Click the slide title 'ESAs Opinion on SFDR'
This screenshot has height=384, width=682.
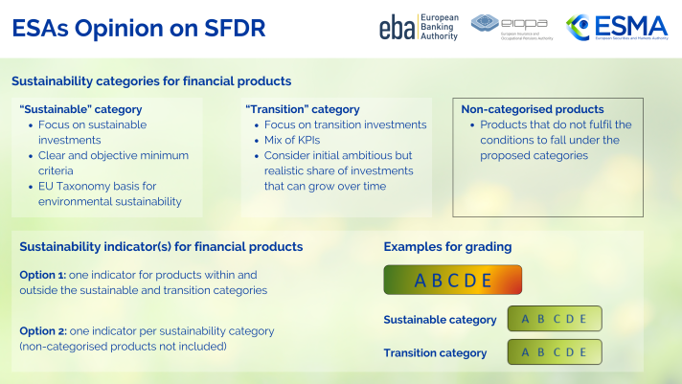[139, 28]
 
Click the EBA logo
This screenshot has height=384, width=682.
[418, 28]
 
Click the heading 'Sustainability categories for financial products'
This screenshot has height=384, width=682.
[151, 81]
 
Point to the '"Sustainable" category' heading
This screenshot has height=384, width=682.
[80, 109]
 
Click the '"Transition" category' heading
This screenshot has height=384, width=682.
[303, 109]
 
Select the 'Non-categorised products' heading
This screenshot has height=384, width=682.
[533, 109]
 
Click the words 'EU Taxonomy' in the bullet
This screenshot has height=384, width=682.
[72, 186]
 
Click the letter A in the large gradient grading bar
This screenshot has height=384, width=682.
[421, 281]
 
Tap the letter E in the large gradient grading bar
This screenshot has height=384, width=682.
[486, 281]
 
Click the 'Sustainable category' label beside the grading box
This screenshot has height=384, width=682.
[440, 320]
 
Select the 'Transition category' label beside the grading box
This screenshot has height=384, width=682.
[435, 352]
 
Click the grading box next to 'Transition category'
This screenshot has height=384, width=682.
[554, 352]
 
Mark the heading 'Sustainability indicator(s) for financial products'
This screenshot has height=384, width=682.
[161, 247]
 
